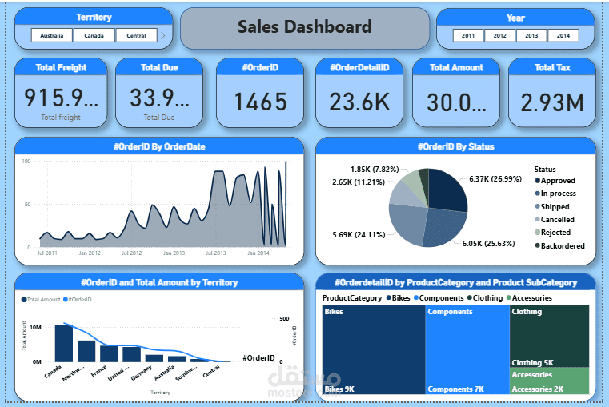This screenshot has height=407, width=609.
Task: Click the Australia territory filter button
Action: click(x=52, y=35)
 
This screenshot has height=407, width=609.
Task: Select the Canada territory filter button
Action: click(x=94, y=35)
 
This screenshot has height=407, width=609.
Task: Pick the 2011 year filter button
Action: click(x=468, y=35)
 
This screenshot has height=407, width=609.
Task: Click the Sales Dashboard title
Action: click(x=304, y=27)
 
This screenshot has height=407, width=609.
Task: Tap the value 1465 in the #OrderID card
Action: click(x=261, y=102)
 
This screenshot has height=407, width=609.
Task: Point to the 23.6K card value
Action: click(x=359, y=102)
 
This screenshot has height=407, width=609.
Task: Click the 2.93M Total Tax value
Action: click(x=551, y=102)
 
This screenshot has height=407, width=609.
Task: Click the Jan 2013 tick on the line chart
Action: click(x=174, y=253)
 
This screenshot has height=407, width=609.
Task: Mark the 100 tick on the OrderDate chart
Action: click(x=26, y=161)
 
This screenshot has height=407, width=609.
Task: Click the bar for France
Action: click(x=109, y=353)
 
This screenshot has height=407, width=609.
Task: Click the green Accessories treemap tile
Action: click(x=549, y=381)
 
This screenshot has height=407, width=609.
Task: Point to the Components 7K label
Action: click(x=455, y=389)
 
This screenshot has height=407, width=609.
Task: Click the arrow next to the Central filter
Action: click(x=163, y=35)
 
